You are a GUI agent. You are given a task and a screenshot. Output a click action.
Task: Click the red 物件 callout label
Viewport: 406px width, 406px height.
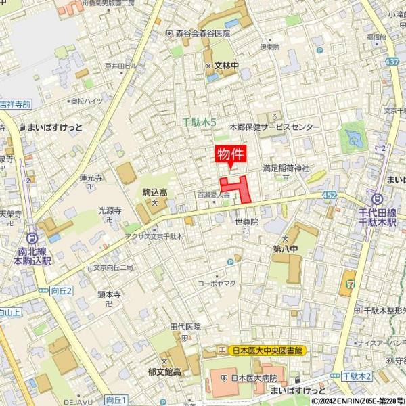[230, 155]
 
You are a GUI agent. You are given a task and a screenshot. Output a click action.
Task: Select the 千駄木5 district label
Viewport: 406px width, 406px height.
[200, 122]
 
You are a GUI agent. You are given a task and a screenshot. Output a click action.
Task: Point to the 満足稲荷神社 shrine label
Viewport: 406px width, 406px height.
[286, 168]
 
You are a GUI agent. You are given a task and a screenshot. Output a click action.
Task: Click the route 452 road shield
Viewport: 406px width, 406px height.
[329, 194]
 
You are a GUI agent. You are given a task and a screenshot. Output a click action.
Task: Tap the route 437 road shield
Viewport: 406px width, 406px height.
[391, 62]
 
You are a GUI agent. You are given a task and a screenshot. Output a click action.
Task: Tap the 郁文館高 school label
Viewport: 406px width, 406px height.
[165, 371]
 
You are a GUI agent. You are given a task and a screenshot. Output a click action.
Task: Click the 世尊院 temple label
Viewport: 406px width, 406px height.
[246, 221]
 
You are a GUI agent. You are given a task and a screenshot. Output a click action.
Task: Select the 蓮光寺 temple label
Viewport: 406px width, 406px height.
[91, 178]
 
